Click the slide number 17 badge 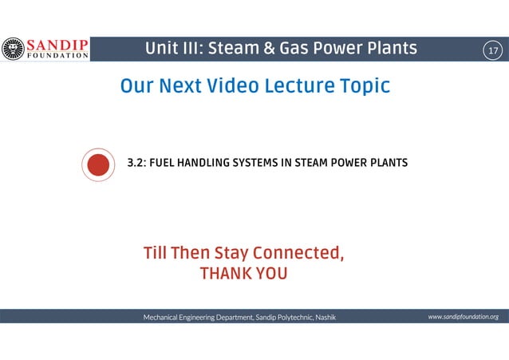point(492,50)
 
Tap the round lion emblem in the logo point(12,49)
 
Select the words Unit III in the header point(171,49)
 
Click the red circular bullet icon point(97,164)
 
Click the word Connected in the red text point(298,254)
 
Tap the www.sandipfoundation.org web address point(463,317)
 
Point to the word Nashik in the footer point(325,318)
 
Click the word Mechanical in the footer point(164,318)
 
